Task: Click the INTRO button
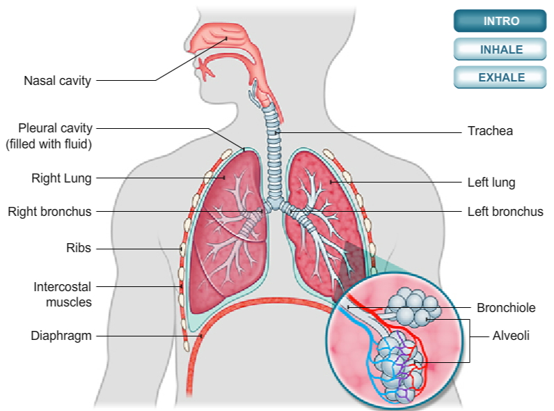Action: [x=500, y=21]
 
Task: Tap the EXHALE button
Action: [x=500, y=77]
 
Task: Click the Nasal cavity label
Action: [x=57, y=81]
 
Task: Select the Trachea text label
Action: [x=490, y=131]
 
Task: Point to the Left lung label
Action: [x=491, y=183]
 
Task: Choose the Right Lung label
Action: [x=61, y=178]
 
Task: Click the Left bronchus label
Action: [x=505, y=212]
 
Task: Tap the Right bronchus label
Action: [x=49, y=212]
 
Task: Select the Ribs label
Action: [x=79, y=248]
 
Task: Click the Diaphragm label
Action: [x=61, y=336]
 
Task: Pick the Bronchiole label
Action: [x=506, y=307]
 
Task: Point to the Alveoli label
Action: [x=511, y=336]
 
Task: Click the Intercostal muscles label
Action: [x=63, y=294]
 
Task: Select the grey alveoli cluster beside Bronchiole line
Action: [x=414, y=307]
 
